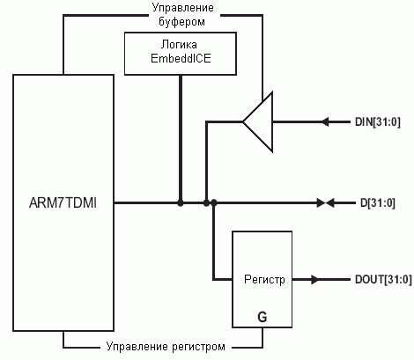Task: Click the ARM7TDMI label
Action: (x=63, y=203)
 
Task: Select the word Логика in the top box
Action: (x=179, y=45)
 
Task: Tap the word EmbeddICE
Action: (x=181, y=58)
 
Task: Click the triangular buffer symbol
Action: (x=258, y=121)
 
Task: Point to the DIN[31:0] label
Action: (x=378, y=121)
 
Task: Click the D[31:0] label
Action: (x=378, y=203)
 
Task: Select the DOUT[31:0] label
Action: (x=383, y=279)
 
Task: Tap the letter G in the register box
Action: (x=262, y=317)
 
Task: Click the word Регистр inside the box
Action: (x=264, y=279)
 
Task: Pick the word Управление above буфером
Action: (x=182, y=8)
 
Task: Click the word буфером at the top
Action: (x=181, y=21)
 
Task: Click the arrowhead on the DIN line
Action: (x=325, y=121)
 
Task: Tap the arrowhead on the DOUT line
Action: (x=315, y=279)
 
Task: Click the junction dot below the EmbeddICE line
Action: (x=181, y=202)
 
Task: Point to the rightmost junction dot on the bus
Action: (x=214, y=202)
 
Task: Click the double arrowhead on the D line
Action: (x=325, y=202)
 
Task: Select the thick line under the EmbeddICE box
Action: (x=181, y=138)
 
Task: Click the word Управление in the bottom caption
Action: (x=137, y=347)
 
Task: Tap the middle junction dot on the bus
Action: (x=206, y=202)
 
